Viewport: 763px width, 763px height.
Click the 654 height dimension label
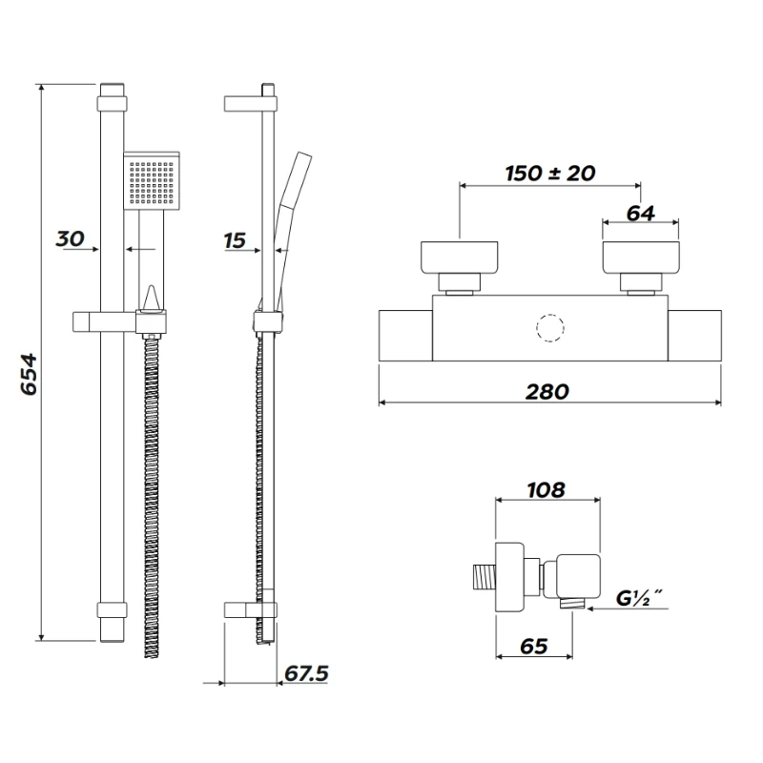28,375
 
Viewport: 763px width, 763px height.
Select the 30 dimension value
71,238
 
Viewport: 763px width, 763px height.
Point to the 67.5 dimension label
306,673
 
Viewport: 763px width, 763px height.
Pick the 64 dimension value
642,213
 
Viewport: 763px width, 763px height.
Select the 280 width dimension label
547,391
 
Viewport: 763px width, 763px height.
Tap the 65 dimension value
533,646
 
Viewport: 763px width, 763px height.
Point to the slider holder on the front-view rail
124,320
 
